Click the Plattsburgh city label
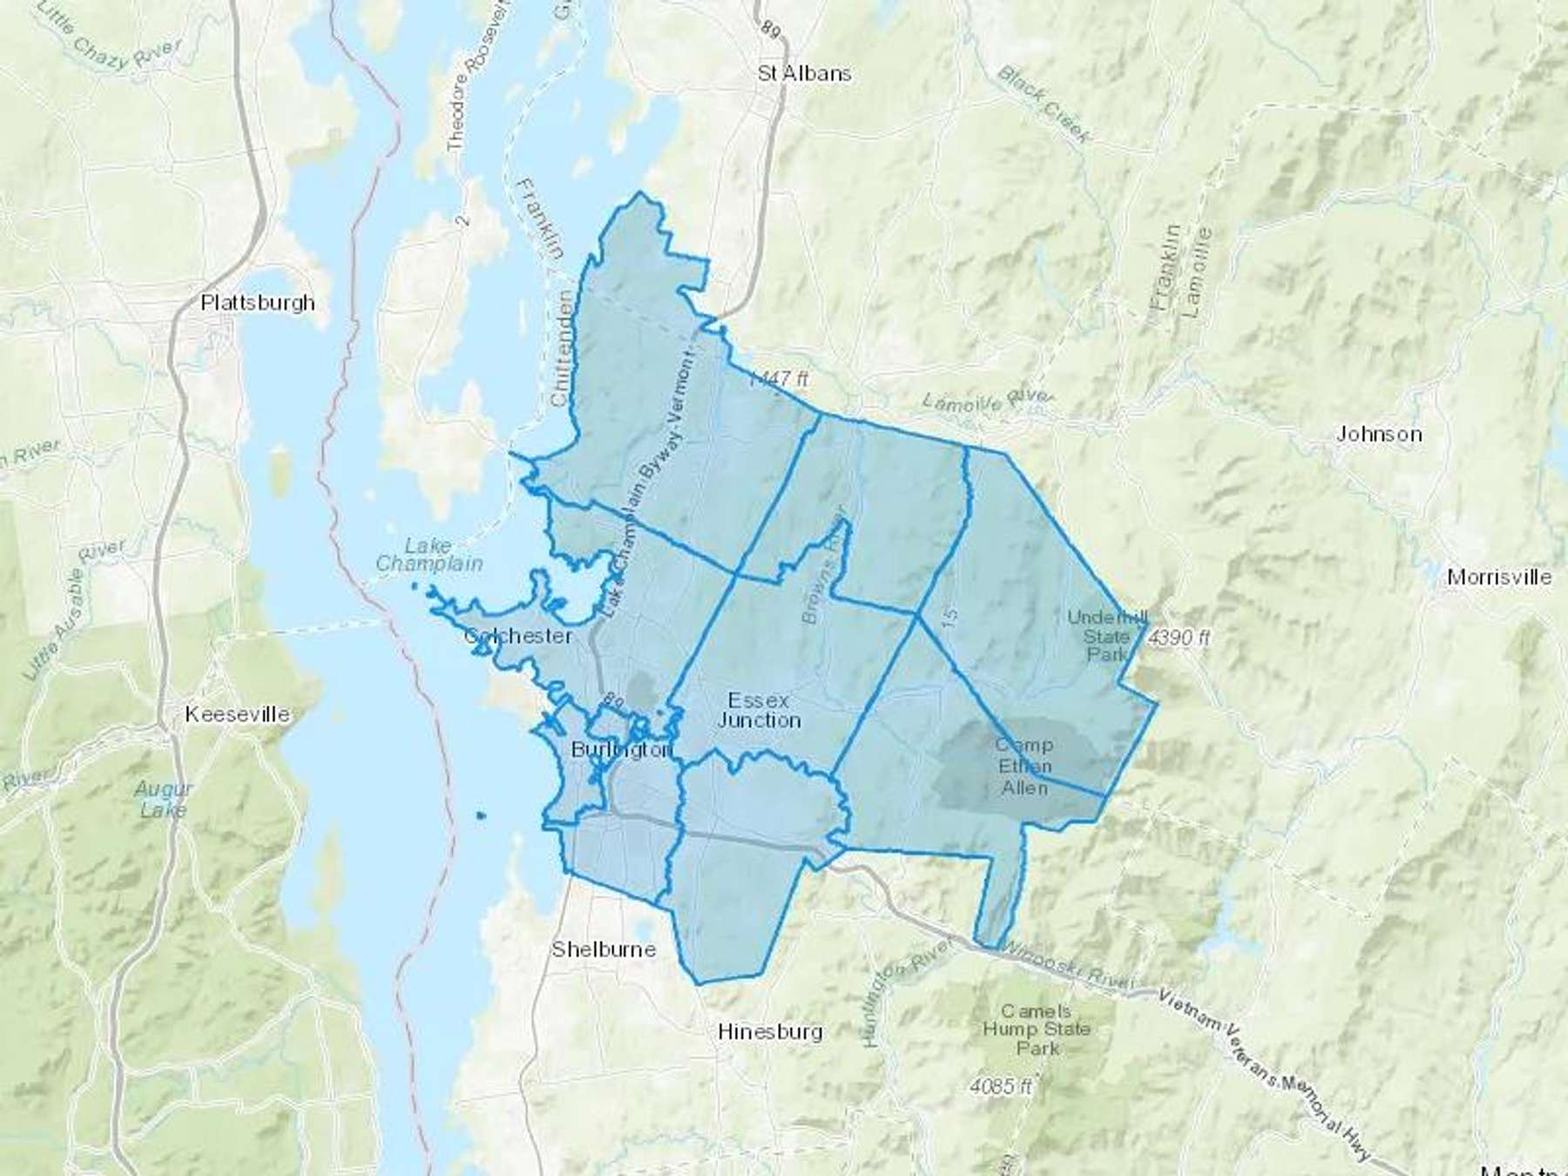point(258,303)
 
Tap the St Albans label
point(804,74)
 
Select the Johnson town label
point(1379,434)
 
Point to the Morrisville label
point(1498,578)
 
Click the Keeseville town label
point(237,714)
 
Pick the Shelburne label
point(604,950)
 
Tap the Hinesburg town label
point(770,1032)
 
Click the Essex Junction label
point(759,711)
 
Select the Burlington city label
point(622,750)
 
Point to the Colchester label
point(518,636)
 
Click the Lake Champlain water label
point(429,555)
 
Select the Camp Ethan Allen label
point(1025,767)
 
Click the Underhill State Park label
point(1107,636)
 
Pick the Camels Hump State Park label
point(1037,1030)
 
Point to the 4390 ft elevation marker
point(1179,638)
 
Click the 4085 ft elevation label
point(1003,1087)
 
